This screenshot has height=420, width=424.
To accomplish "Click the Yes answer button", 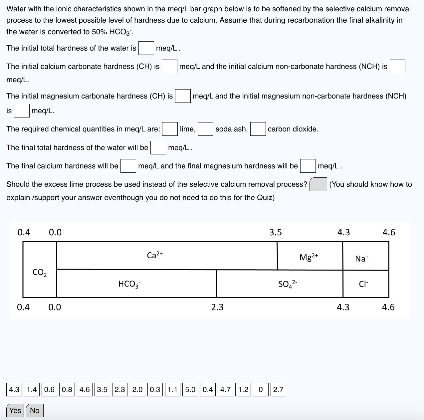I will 15,410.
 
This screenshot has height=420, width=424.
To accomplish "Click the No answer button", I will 35,410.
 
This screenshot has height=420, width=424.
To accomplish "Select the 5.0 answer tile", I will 190,389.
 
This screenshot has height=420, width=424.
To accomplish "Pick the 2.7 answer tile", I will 278,389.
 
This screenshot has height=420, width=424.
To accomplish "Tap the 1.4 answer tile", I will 32,389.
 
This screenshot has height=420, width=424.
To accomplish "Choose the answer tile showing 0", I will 261,389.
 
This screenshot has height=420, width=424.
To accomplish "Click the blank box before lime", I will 170,129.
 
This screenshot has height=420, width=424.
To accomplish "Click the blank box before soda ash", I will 205,129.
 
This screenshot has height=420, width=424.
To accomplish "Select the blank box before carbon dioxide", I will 258,129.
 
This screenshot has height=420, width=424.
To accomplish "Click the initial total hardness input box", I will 146,48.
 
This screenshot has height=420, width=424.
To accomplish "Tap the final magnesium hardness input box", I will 308,166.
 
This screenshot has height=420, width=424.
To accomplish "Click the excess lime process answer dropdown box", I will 318,184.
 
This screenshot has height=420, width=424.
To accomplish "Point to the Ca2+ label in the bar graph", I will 155,255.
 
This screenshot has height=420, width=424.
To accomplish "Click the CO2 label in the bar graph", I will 40,273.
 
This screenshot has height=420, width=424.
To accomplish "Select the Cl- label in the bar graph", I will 363,284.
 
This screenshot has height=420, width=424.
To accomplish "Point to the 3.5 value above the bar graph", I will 275,232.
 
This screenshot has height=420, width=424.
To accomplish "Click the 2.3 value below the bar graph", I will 217,307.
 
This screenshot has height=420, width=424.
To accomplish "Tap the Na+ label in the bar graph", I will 362,258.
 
